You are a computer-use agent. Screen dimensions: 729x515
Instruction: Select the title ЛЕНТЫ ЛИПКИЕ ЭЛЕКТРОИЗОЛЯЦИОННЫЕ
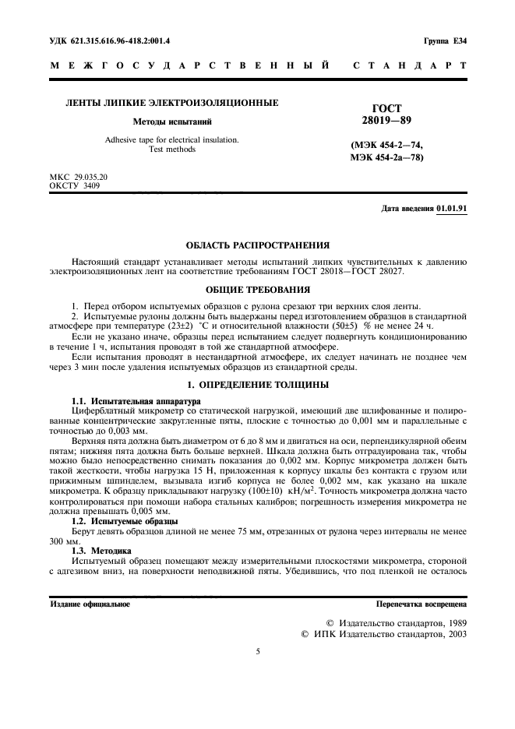click(x=171, y=103)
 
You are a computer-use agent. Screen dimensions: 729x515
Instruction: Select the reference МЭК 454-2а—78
click(x=387, y=158)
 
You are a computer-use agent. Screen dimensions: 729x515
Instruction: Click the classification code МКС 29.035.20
click(x=79, y=178)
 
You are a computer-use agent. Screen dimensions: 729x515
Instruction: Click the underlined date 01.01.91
click(x=451, y=209)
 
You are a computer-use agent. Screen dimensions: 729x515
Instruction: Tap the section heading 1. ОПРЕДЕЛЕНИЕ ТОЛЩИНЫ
click(x=257, y=386)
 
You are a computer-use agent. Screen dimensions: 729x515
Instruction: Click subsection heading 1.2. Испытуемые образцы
click(x=114, y=520)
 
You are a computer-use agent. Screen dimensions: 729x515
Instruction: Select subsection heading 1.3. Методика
click(x=97, y=550)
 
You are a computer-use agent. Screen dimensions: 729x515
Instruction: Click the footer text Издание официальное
click(x=90, y=604)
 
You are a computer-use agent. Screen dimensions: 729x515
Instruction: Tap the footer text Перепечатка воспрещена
click(x=421, y=604)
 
